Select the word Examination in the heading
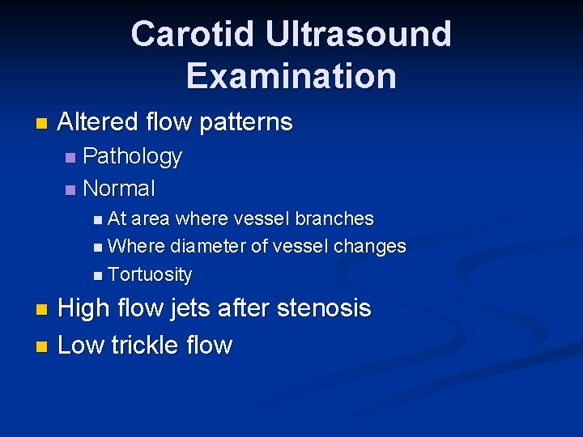(291, 76)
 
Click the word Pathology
(132, 156)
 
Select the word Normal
(119, 189)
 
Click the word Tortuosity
(150, 275)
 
